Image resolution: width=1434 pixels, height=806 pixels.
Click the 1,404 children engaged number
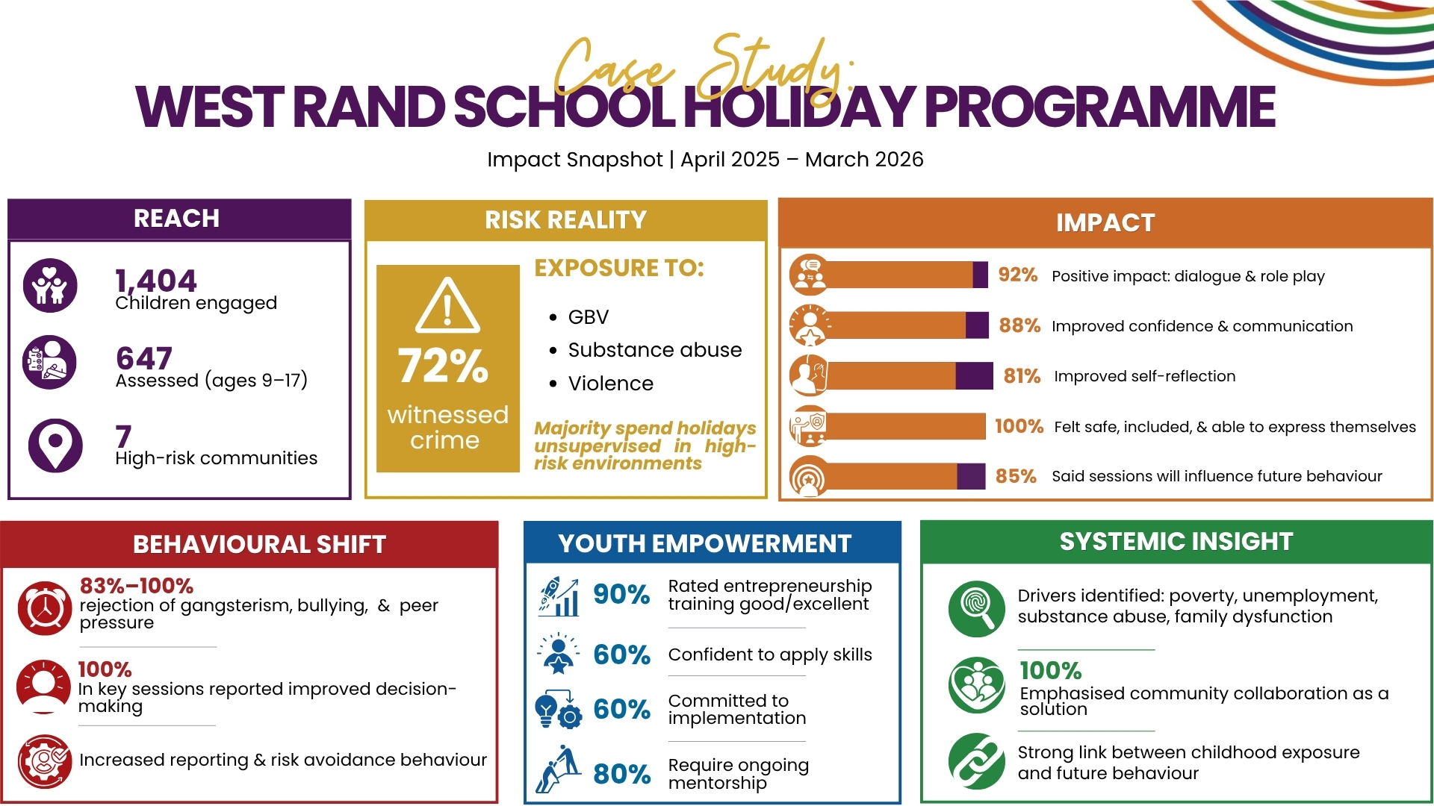tap(155, 281)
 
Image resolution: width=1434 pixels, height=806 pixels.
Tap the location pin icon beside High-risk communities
tap(55, 446)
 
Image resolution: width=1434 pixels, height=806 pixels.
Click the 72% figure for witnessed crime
tap(444, 366)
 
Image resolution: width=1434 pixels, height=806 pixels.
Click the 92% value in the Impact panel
tap(1018, 275)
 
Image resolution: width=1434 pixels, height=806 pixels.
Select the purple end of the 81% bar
tap(974, 376)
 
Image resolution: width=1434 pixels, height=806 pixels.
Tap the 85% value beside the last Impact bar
tap(1016, 476)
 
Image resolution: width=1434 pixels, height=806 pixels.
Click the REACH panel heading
tap(176, 219)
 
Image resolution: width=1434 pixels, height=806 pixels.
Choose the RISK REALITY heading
tap(565, 220)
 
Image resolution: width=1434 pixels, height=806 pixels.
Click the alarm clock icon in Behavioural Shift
tap(45, 608)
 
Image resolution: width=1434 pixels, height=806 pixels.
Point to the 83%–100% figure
tap(137, 586)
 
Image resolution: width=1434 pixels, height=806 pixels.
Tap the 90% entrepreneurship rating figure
tap(621, 595)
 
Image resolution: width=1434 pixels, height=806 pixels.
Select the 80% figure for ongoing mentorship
tap(621, 775)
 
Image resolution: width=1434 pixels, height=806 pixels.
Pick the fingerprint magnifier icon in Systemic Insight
tap(977, 609)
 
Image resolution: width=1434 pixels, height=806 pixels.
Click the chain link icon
tap(977, 761)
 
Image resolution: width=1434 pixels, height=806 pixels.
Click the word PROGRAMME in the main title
tap(1099, 107)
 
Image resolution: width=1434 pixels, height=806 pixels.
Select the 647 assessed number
tap(144, 358)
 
